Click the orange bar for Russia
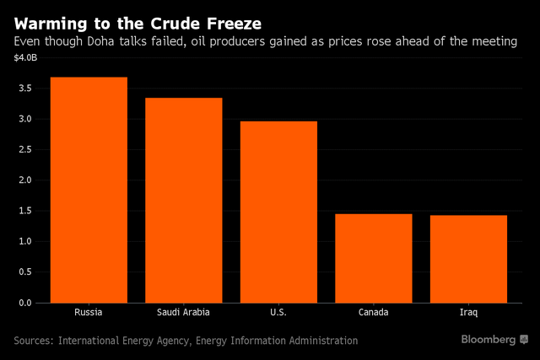pos(89,190)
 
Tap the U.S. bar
pos(278,212)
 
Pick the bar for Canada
pos(374,258)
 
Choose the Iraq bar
pos(468,259)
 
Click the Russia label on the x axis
pos(89,312)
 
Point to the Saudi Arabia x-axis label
pos(184,312)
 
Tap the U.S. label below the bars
pos(278,312)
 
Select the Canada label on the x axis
pos(374,312)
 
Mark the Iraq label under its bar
pos(468,312)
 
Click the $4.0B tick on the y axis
pos(24,57)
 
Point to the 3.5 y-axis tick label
pos(24,89)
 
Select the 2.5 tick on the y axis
pos(24,149)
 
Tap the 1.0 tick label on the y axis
pos(24,241)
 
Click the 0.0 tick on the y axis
pos(24,302)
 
